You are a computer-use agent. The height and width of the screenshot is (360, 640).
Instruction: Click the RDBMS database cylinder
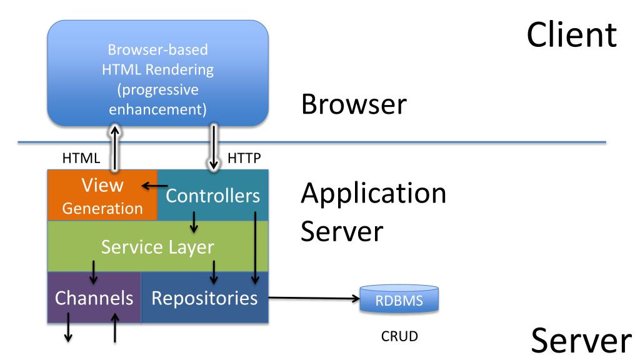399,299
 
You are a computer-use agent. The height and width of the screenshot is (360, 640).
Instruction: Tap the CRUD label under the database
399,336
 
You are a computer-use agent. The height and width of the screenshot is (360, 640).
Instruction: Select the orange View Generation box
102,195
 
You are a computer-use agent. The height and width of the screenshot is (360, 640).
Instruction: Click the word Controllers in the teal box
212,196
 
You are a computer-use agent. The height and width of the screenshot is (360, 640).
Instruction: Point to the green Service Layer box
158,246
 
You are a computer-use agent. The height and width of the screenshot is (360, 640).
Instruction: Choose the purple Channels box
94,297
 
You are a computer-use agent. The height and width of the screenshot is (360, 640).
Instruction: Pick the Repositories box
204,297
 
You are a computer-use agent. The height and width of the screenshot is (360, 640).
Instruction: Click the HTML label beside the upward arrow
81,158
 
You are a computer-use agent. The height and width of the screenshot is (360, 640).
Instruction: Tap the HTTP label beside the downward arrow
244,158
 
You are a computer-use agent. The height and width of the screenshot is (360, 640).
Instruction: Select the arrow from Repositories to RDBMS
314,298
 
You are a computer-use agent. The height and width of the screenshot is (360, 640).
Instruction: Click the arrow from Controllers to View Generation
155,186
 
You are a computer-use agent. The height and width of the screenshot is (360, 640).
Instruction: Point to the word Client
572,35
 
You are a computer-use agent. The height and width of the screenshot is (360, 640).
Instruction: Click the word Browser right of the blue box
354,104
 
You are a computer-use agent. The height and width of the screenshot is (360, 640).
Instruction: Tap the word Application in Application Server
374,193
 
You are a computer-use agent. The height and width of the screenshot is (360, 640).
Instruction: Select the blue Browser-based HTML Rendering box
158,73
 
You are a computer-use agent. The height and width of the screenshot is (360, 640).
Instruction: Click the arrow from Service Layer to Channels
94,272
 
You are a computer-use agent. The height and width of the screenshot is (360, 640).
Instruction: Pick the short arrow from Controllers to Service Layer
194,222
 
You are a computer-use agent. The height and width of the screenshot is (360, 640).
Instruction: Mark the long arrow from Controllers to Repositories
255,247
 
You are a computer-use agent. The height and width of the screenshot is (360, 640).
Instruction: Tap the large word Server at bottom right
581,341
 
